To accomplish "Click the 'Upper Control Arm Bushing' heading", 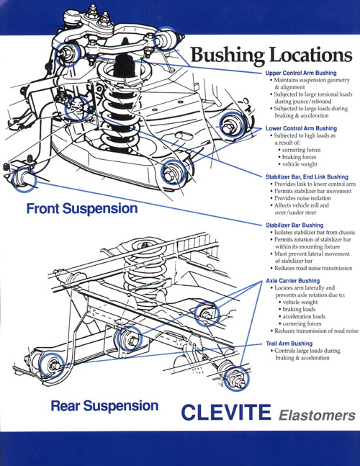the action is [x=301, y=73].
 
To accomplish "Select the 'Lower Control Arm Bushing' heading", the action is [x=301, y=128].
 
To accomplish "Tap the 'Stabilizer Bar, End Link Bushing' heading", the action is [x=307, y=177].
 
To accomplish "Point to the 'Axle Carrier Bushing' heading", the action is [x=293, y=281].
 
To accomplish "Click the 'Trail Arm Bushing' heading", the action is [x=289, y=344].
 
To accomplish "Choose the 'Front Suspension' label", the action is [x=82, y=208].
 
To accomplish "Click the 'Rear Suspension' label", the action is [x=104, y=406].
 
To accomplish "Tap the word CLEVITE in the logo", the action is [x=226, y=412].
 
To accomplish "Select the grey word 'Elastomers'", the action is [x=317, y=415].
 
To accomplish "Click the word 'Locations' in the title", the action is [x=311, y=55].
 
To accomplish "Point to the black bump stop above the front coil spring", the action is [x=124, y=67].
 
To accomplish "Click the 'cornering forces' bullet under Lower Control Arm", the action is [x=301, y=150].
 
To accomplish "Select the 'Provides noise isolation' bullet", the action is [x=302, y=198].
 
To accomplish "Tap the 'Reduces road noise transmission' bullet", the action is [x=312, y=268].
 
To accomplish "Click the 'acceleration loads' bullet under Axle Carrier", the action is [x=304, y=316].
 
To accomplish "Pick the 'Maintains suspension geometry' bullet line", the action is [x=312, y=80].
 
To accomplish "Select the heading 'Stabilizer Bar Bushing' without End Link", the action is [x=294, y=225].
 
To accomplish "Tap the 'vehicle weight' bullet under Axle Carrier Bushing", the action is [x=300, y=303].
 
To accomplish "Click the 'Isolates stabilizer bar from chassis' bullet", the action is [x=314, y=233].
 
